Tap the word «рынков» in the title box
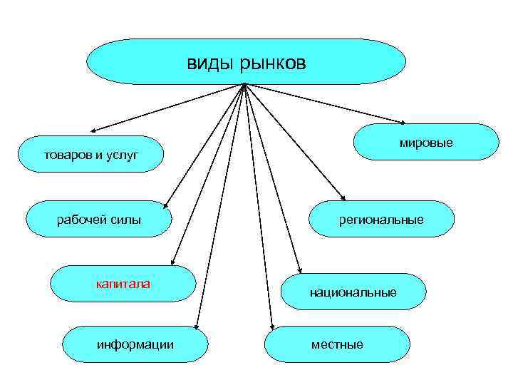(x=272, y=64)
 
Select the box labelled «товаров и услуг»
(x=90, y=154)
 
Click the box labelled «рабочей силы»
(x=99, y=219)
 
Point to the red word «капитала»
(x=123, y=284)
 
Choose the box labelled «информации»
(x=135, y=344)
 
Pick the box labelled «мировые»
(x=426, y=143)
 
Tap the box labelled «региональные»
(x=381, y=220)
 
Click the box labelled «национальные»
(x=353, y=292)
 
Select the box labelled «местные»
(x=337, y=344)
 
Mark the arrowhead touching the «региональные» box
(x=345, y=199)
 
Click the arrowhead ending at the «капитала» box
(x=174, y=262)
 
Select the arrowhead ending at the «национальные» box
(x=300, y=270)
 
